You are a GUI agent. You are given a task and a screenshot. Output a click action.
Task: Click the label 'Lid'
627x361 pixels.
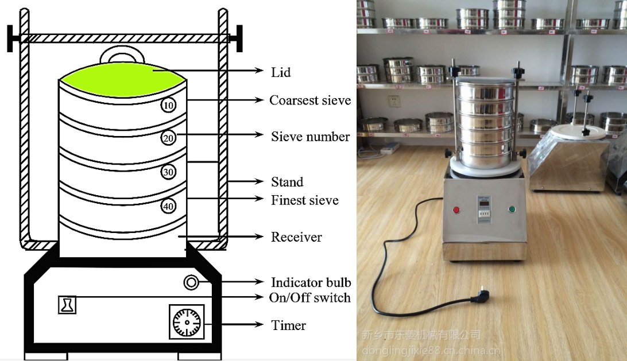point(281,72)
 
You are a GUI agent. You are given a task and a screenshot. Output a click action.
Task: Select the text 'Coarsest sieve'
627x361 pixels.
point(310,100)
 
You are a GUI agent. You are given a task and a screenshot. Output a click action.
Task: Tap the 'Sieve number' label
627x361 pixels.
point(310,137)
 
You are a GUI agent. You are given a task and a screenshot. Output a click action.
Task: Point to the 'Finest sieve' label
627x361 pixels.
point(304,200)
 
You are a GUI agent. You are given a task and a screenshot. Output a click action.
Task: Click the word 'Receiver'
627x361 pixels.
point(296,237)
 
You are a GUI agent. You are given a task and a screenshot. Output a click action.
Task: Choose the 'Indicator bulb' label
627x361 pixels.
point(311,282)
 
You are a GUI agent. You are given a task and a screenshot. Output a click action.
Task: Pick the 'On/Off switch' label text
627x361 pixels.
point(309,297)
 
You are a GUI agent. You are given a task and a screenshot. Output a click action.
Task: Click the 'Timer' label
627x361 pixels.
point(288,325)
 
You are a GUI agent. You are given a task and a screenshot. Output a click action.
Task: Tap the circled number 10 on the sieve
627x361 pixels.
point(168,105)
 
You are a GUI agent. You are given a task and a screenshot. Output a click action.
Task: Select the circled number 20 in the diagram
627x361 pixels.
point(168,138)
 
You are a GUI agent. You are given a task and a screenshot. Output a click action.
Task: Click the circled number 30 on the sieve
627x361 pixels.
point(168,172)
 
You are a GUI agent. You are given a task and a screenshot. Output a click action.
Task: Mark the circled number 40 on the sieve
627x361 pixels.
point(168,206)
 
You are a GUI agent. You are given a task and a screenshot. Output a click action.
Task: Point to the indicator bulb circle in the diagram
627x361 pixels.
point(191,282)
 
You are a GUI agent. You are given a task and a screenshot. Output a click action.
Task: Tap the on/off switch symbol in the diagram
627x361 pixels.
point(67,304)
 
